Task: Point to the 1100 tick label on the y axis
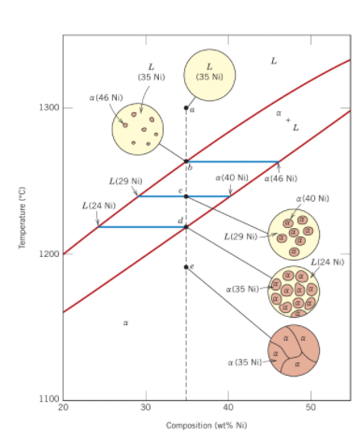coord(51,399)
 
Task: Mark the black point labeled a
coord(186,108)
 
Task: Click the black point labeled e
coord(186,266)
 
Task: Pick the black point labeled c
coord(186,196)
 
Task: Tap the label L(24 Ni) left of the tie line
coord(98,205)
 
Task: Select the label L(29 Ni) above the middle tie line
coord(125,179)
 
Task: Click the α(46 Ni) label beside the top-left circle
coord(104,96)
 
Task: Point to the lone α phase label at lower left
coord(124,323)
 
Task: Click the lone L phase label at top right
coord(273,61)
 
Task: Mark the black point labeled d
coord(186,226)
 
